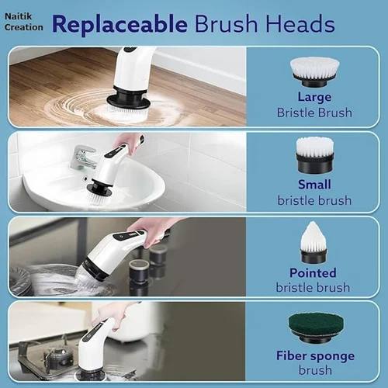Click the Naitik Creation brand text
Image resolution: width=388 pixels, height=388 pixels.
[x=23, y=20]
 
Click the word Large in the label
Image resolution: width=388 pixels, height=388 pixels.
[x=314, y=97]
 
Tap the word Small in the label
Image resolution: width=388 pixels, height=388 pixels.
[x=314, y=185]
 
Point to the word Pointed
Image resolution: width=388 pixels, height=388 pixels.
[x=314, y=272]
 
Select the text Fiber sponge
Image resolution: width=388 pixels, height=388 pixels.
[x=314, y=355]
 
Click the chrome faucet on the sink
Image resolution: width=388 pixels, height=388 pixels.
[x=83, y=158]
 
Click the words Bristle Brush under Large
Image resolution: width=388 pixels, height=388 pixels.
[x=314, y=112]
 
